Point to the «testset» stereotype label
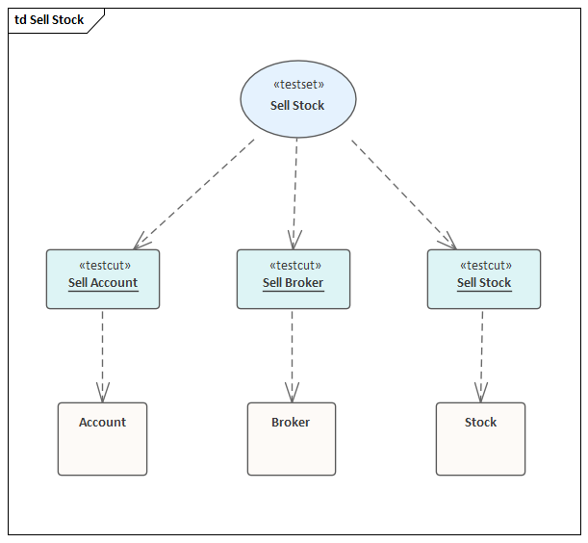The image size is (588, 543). [297, 85]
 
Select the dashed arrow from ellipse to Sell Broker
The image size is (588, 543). [295, 193]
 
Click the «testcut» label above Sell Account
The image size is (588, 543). [103, 266]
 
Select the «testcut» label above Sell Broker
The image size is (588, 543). [294, 266]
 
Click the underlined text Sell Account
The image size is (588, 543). [103, 283]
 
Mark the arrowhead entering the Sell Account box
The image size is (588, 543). [142, 241]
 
